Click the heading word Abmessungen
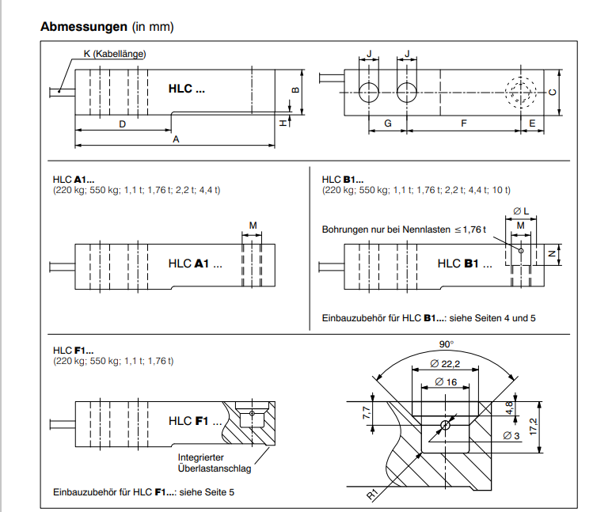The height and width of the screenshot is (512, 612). (84, 27)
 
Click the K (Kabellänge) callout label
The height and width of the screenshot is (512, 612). (115, 54)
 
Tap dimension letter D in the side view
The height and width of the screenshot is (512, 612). (122, 124)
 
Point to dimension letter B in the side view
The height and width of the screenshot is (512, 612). (295, 89)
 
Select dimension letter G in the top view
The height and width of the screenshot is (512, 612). (388, 124)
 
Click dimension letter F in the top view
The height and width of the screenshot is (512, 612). (464, 124)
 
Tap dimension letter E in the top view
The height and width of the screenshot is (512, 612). (532, 124)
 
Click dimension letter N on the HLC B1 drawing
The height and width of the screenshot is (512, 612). (552, 255)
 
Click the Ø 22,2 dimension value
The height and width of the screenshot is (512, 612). (447, 363)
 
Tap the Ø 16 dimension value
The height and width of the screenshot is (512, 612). (446, 382)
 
